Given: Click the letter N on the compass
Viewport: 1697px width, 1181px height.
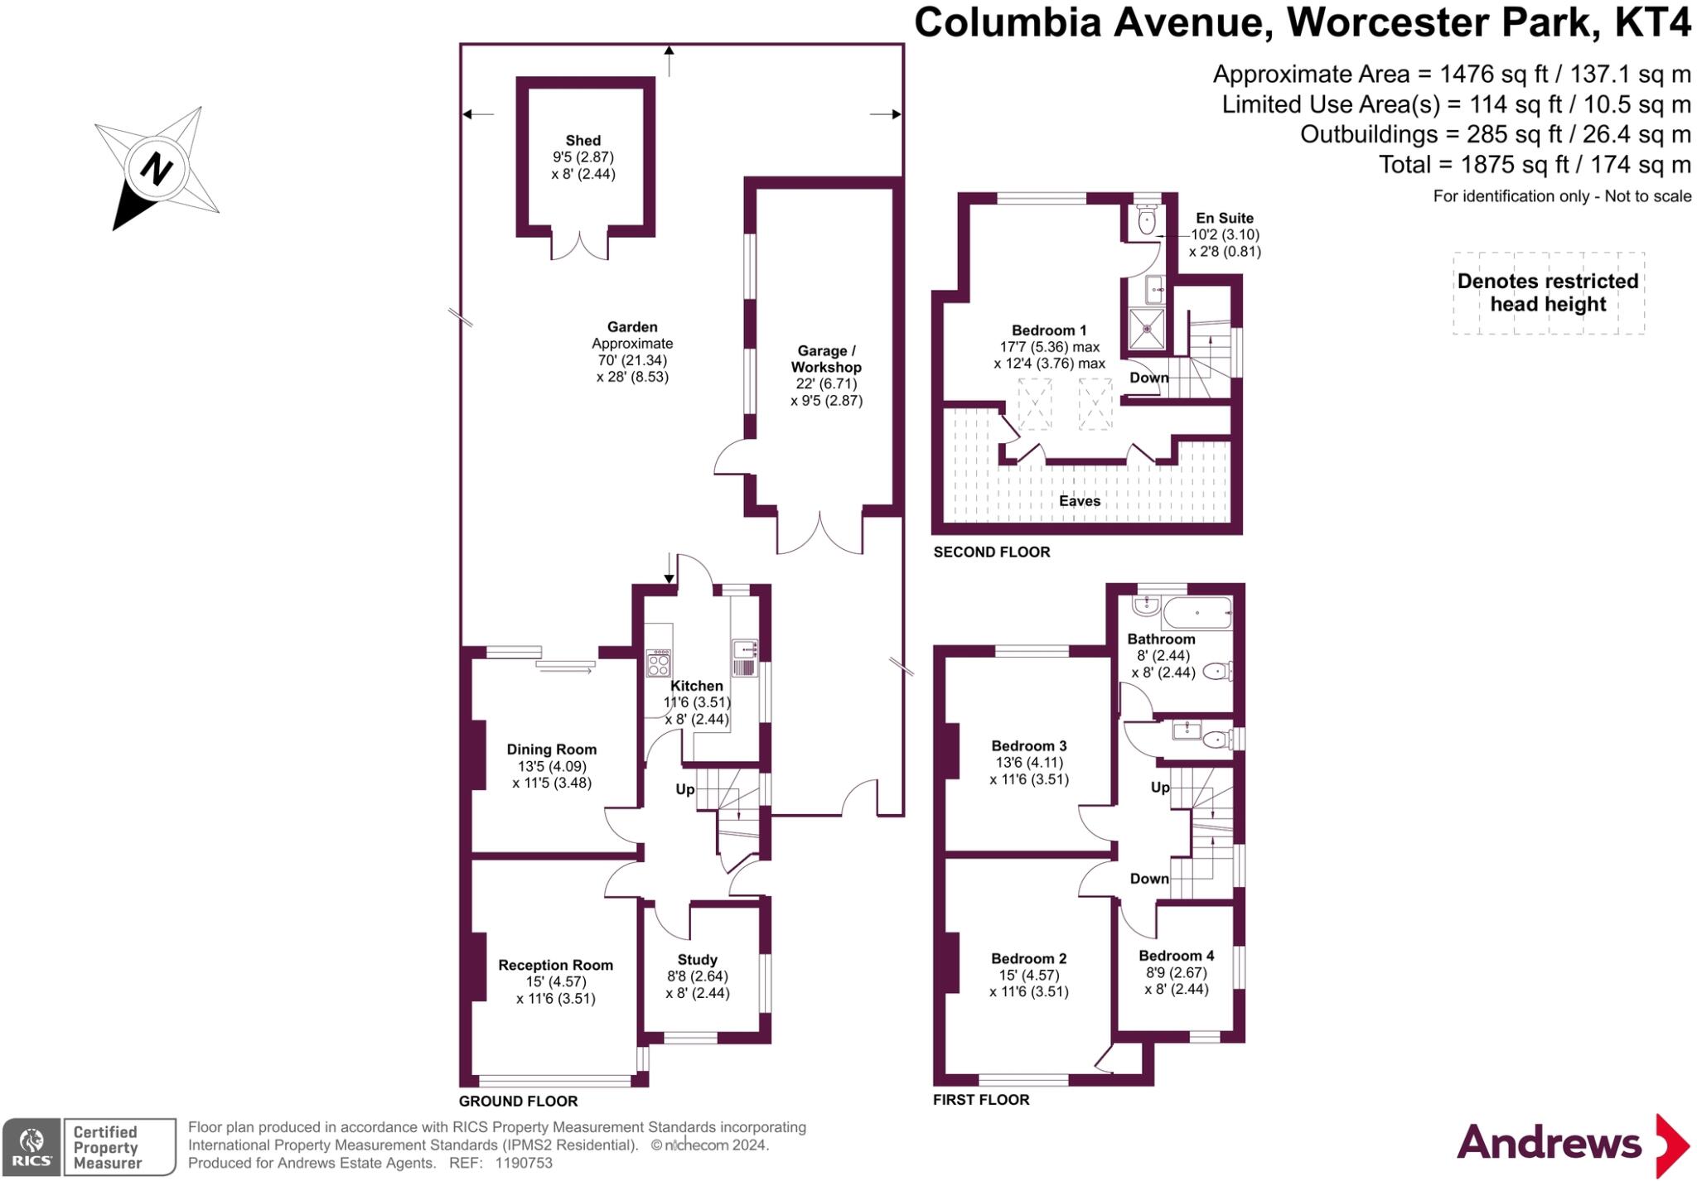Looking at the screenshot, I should [x=156, y=170].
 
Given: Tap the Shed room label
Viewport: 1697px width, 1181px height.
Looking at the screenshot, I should [x=583, y=141].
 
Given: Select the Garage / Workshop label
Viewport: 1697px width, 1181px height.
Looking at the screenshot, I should [x=825, y=359].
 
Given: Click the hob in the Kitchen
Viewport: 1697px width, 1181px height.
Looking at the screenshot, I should [x=659, y=663].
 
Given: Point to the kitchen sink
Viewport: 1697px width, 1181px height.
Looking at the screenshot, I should [x=743, y=658].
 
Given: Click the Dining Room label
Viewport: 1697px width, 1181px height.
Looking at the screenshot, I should [x=552, y=750].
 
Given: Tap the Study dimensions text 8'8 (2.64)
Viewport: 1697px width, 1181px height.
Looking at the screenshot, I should [x=698, y=976].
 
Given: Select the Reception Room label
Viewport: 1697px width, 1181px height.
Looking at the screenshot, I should [x=555, y=965].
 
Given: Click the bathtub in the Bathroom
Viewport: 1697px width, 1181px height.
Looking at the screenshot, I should [x=1197, y=614].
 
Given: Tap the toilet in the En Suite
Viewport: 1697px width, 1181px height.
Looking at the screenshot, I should [x=1147, y=221].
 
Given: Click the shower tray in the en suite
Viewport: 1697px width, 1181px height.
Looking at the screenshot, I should [x=1148, y=328].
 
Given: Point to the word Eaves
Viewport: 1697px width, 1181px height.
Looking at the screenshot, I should [x=1079, y=501].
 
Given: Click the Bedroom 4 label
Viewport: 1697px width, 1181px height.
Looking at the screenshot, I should [x=1176, y=956].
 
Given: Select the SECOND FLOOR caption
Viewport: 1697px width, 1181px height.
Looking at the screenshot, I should [x=991, y=552].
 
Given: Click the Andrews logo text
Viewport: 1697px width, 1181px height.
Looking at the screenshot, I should [x=1549, y=1144].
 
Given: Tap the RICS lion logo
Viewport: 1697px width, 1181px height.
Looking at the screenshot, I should [x=31, y=1147].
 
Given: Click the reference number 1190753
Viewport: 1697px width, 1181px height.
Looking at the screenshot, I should [x=524, y=1163].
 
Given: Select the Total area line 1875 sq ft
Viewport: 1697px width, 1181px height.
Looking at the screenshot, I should [x=1534, y=165].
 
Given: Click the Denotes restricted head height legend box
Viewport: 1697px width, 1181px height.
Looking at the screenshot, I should [x=1548, y=293].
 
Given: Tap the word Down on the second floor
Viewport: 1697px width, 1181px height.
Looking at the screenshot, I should [x=1148, y=378].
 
